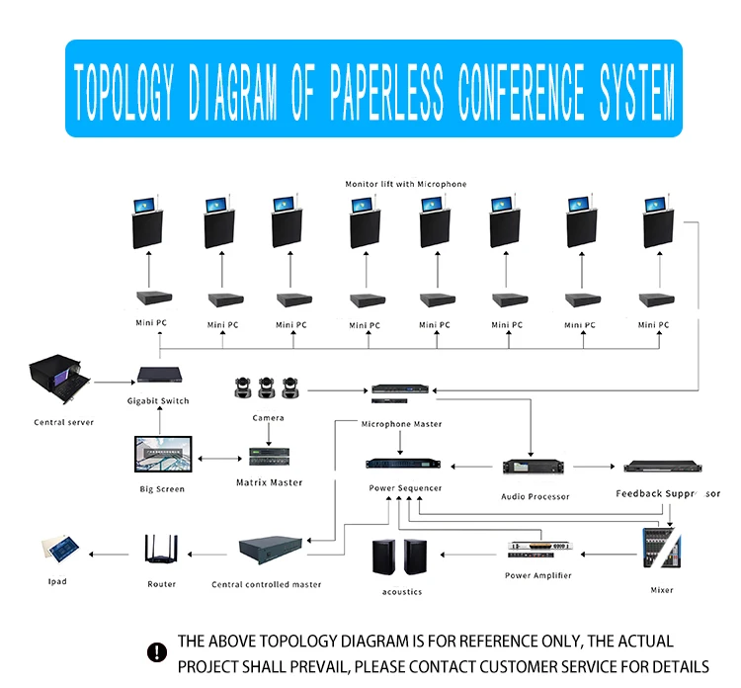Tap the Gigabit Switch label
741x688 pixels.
point(158,400)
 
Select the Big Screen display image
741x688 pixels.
point(162,457)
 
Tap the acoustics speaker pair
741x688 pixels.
point(401,559)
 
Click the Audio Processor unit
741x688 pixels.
point(535,467)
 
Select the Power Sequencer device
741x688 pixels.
point(405,465)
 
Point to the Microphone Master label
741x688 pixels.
point(401,424)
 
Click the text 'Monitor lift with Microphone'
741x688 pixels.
point(405,184)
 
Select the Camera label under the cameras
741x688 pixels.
point(268,417)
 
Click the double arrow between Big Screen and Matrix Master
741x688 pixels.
point(222,459)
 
